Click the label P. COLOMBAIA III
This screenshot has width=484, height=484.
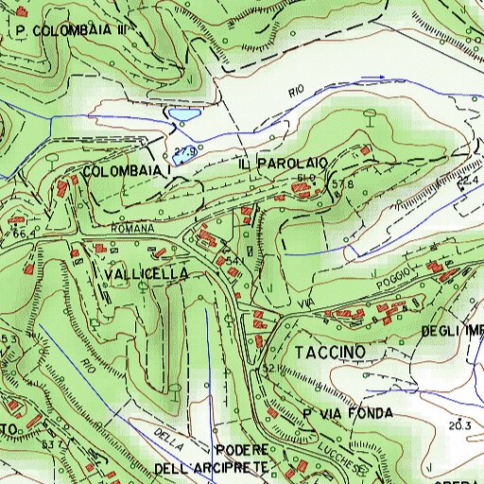[x=71, y=30]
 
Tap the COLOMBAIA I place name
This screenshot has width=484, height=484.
[x=126, y=171]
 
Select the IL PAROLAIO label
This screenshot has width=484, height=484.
[x=283, y=164]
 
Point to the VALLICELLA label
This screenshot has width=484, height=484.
[x=147, y=273]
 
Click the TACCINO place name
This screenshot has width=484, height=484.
[x=328, y=352]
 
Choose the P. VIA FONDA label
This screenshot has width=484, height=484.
[x=347, y=414]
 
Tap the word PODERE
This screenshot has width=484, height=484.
[x=244, y=449]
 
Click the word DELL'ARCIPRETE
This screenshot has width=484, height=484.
[x=212, y=468]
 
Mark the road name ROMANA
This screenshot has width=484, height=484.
[x=131, y=230]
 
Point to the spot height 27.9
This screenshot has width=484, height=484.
[x=184, y=151]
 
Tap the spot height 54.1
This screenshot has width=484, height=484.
[x=236, y=258]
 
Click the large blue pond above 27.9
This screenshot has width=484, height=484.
[x=182, y=115]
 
